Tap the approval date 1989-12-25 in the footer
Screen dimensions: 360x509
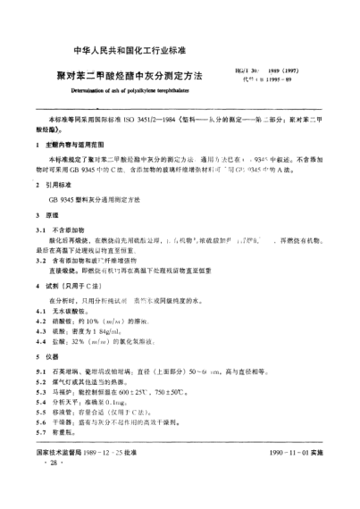116,479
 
